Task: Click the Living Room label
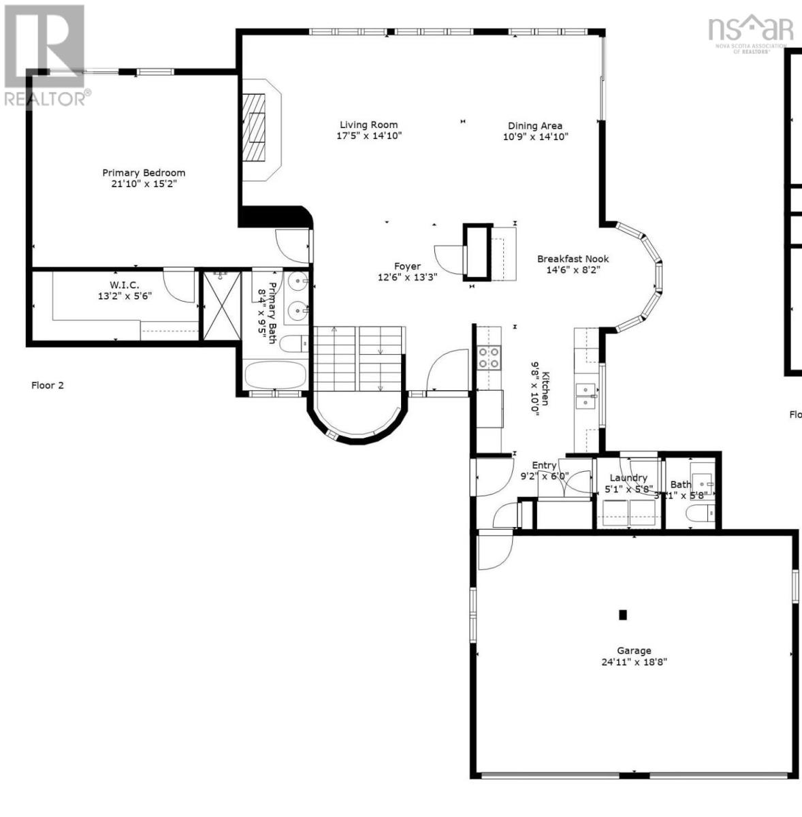coord(368,125)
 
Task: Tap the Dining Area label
coord(535,125)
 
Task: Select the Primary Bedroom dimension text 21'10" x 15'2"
coord(144,184)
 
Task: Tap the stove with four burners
coord(488,357)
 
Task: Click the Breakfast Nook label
coord(573,259)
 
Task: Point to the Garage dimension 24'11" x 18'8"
coord(634,662)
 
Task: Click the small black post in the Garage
coord(622,615)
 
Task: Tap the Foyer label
coord(407,266)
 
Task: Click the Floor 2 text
coord(48,385)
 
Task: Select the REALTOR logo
coord(45,54)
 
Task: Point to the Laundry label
coord(628,477)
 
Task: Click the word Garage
coord(634,650)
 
